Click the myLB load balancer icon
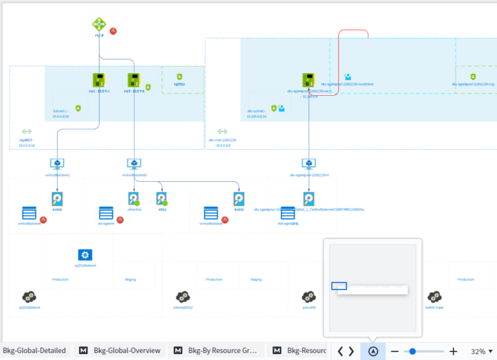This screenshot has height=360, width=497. tap(99, 24)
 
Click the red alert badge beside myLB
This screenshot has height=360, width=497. tap(113, 30)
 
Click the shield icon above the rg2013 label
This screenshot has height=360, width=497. tap(179, 76)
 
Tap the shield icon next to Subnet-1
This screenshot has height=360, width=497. tap(78, 108)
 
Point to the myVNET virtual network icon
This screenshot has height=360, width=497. tap(27, 131)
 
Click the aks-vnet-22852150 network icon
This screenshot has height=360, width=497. tap(223, 131)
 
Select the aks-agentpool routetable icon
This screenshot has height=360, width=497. tap(348, 76)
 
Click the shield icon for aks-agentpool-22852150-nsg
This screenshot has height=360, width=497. tap(473, 76)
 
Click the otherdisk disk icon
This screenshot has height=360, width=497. tap(133, 198)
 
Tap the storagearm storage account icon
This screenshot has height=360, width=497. tap(106, 213)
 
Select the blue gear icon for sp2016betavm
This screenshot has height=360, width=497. tap(85, 255)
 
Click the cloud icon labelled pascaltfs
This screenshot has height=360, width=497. tap(309, 297)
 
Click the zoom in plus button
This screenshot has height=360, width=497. tap(454, 351)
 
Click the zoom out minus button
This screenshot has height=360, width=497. tap(395, 351)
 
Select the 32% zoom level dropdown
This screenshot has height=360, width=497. tap(481, 351)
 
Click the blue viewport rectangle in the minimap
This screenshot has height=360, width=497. tap(339, 286)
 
